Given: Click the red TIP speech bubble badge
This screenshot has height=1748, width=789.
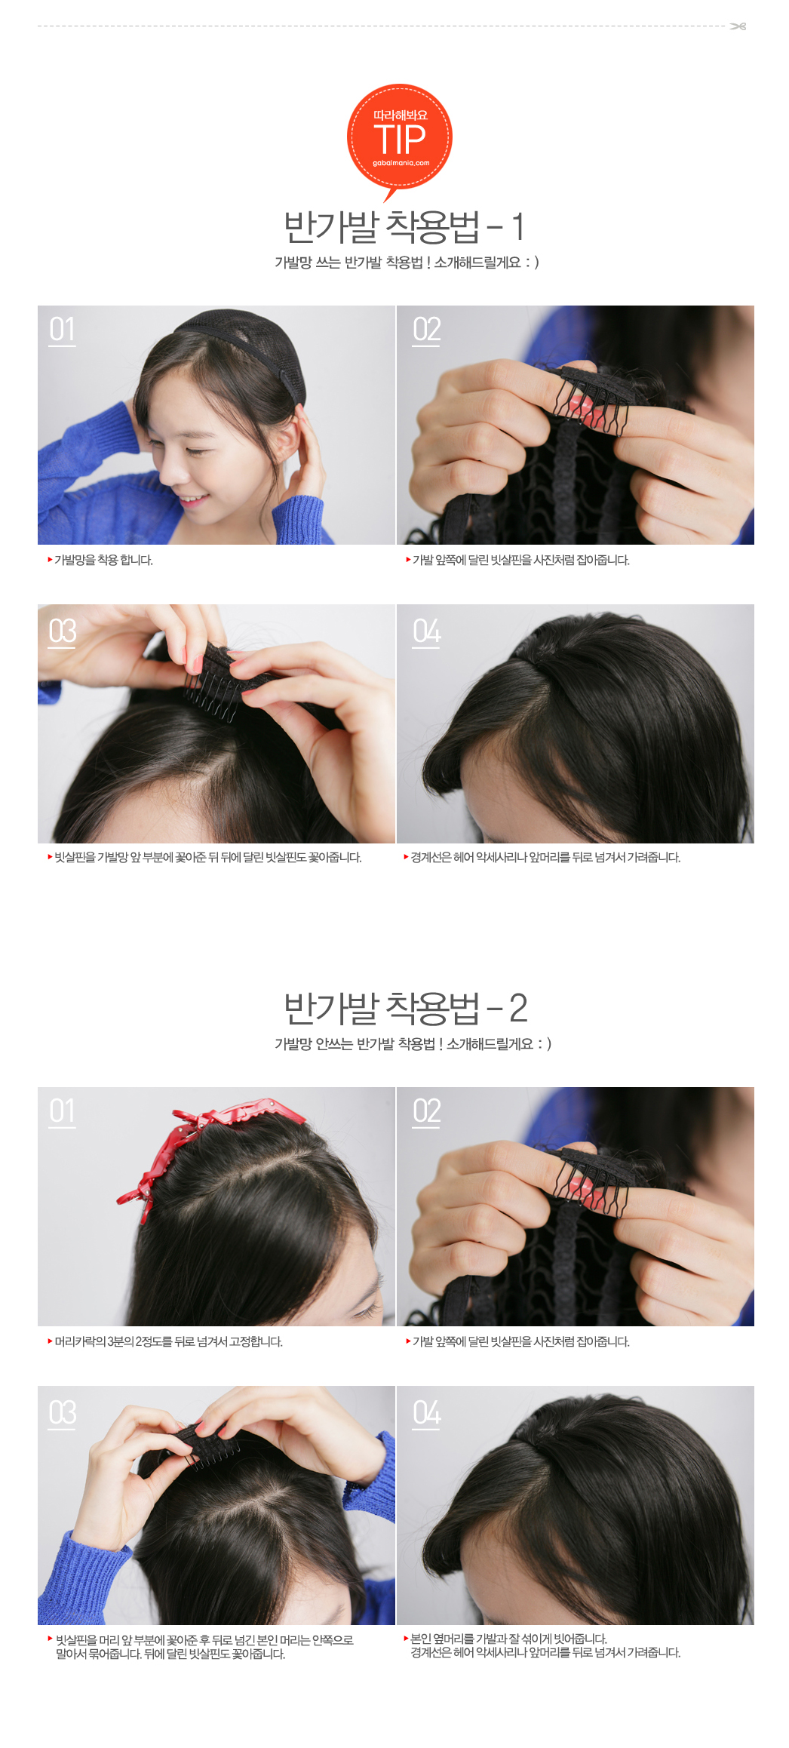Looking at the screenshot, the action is [x=400, y=139].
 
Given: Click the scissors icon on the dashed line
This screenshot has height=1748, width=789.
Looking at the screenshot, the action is [x=738, y=26].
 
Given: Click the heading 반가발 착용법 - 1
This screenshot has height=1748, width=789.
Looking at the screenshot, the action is [x=404, y=226].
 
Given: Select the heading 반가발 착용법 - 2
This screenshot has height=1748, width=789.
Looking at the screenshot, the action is [x=405, y=1008].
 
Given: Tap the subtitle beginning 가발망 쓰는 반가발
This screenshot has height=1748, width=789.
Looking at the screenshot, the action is [x=407, y=263].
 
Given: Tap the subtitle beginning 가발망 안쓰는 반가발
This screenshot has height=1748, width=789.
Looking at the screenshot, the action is [x=413, y=1044].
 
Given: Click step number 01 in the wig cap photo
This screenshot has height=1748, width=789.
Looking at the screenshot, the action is [x=62, y=330].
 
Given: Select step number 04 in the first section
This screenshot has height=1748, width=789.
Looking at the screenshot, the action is [x=426, y=632].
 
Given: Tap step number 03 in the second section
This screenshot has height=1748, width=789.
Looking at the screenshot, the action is [x=62, y=1414].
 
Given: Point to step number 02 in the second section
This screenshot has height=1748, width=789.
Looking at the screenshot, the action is [x=426, y=1112].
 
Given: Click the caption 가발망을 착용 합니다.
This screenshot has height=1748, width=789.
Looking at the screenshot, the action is [x=103, y=560].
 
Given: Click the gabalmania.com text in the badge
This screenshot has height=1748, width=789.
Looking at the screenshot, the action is [x=401, y=163].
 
